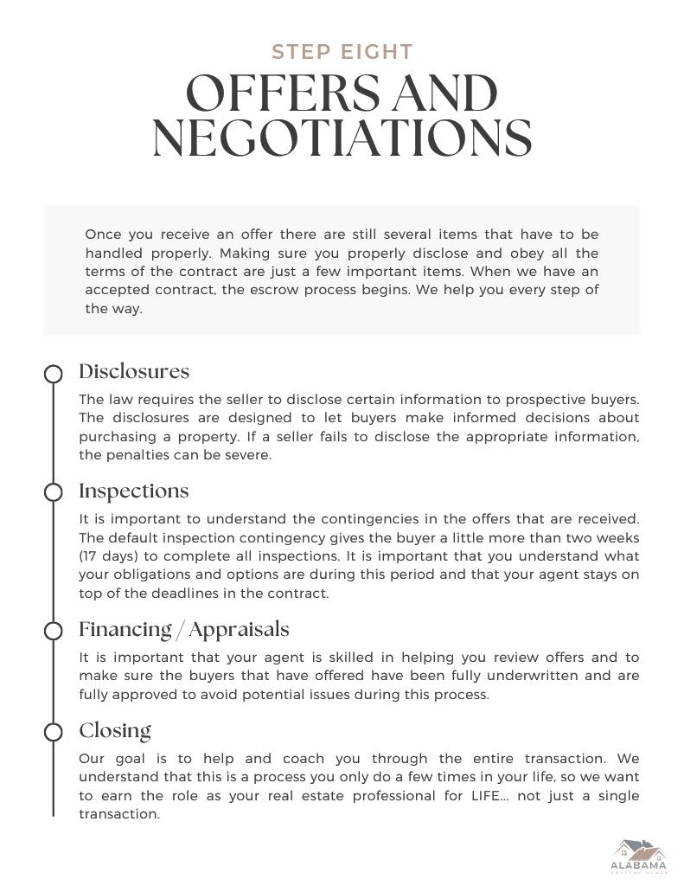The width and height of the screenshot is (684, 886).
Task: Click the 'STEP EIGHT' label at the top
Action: tap(342, 52)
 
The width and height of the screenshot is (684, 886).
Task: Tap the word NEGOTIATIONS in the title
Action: tap(342, 138)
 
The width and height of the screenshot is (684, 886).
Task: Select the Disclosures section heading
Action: tap(134, 372)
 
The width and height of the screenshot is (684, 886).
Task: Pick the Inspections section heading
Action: tap(134, 491)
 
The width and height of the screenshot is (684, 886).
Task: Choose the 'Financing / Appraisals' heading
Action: tap(184, 629)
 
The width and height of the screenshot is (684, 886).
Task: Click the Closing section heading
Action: tap(115, 730)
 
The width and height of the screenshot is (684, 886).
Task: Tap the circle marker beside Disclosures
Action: tap(54, 374)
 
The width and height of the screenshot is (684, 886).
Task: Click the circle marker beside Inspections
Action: tap(54, 492)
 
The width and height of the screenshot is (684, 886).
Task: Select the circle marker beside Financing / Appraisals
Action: tap(54, 630)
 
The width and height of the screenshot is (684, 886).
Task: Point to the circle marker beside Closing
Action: tap(54, 732)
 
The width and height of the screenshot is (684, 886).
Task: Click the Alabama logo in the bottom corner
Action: tap(638, 857)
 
